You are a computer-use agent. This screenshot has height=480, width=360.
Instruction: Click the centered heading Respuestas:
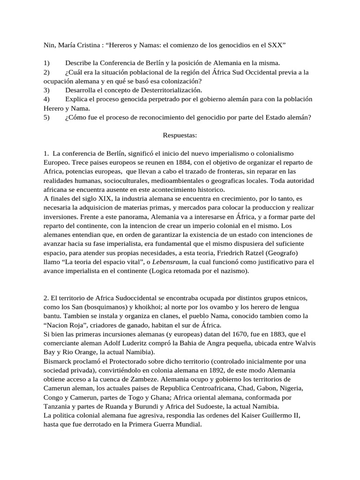(x=180, y=135)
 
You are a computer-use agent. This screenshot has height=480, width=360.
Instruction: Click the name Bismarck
(x=59, y=361)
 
